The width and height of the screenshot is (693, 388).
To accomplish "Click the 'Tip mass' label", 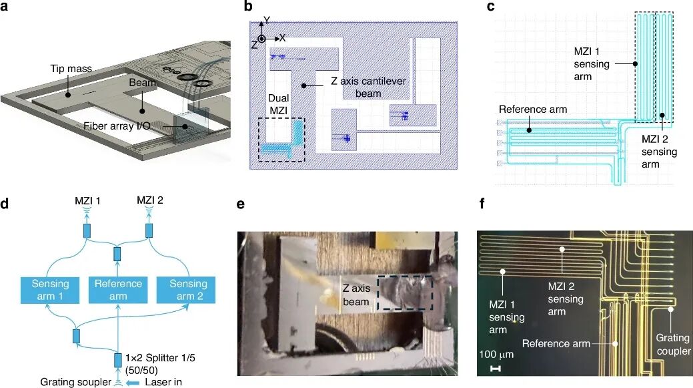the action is (x=71, y=69).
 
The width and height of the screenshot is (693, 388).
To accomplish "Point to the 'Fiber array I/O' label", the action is (x=117, y=126).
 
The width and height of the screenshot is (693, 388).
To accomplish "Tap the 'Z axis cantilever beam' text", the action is (x=368, y=87).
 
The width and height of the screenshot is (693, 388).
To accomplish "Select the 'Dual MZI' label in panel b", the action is (x=278, y=104).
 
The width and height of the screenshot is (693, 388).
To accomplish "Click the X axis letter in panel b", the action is (x=282, y=38).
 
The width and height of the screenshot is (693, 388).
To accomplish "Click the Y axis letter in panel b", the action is (x=267, y=20).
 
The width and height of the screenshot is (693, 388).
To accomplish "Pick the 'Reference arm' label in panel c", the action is (x=532, y=110).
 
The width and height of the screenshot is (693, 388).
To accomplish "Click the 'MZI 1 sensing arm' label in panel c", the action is (x=592, y=63).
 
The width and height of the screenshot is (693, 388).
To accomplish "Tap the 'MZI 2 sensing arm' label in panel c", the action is (x=659, y=152).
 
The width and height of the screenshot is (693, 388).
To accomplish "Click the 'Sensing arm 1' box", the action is (x=50, y=290).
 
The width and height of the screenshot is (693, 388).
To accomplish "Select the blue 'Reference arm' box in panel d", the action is (x=118, y=290).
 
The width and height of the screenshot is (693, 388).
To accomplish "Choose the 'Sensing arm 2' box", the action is (x=186, y=290).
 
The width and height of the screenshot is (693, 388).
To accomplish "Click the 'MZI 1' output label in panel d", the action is (x=87, y=201).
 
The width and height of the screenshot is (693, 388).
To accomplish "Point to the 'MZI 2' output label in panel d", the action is (x=150, y=200).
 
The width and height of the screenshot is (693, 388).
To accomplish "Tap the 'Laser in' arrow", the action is (x=133, y=382).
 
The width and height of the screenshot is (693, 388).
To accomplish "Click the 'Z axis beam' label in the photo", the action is (x=356, y=295).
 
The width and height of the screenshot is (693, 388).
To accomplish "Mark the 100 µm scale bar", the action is (x=496, y=369).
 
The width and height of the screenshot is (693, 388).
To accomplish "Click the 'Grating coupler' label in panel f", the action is (x=673, y=344).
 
